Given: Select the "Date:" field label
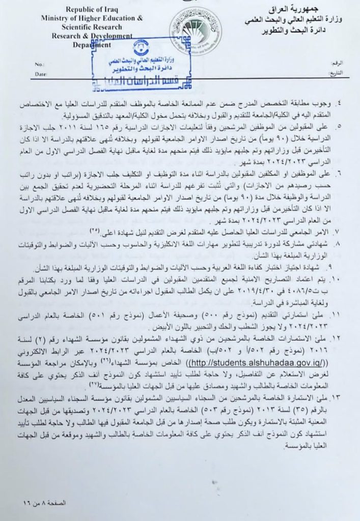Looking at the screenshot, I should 41,74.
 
